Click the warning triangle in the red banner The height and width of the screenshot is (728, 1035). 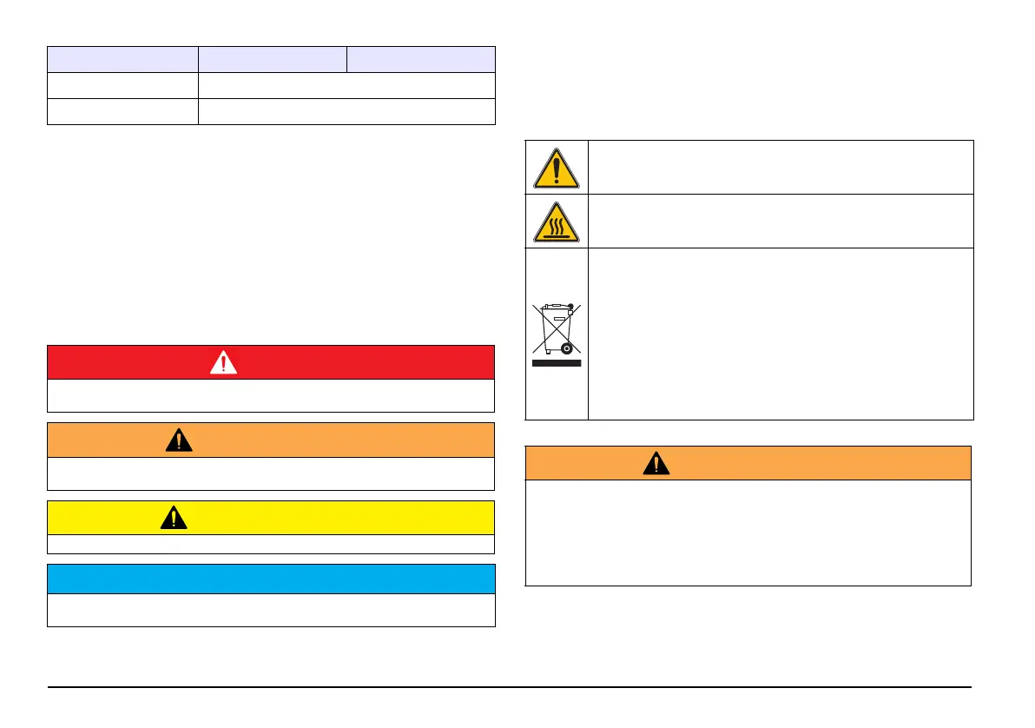coord(223,363)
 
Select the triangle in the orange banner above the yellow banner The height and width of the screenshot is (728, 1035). coord(179,440)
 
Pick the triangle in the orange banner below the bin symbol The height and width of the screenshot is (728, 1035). coord(656,464)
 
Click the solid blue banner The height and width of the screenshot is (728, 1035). coord(271,579)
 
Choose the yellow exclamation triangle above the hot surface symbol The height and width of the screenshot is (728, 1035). coord(557,169)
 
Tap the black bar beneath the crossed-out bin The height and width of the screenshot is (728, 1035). coord(557,364)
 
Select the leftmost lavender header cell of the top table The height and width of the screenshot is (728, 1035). coord(122,59)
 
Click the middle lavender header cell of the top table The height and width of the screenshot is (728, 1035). coord(273,59)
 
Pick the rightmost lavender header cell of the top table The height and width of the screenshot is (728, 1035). coord(421,59)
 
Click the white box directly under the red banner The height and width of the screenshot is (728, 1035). coord(271,395)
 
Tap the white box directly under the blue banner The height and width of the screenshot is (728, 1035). coord(271,610)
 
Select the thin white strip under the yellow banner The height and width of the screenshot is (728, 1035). coord(271,545)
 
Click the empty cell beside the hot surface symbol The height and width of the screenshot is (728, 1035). coord(780,221)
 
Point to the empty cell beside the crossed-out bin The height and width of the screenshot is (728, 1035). coord(780,334)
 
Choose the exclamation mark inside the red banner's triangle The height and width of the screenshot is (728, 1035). coord(223,364)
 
